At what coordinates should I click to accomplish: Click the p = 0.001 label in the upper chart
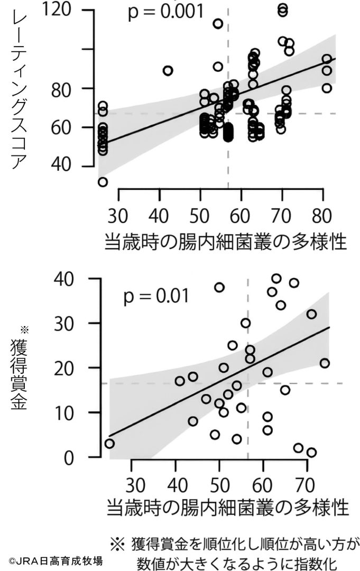pos(165,12)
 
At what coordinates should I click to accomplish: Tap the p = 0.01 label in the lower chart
pos(156,297)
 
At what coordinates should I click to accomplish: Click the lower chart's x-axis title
pos(228,508)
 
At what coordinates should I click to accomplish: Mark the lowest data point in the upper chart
pos(103,182)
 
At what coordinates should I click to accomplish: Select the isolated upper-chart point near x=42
pos(168,70)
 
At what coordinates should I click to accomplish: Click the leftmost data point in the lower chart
pos(109,444)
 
